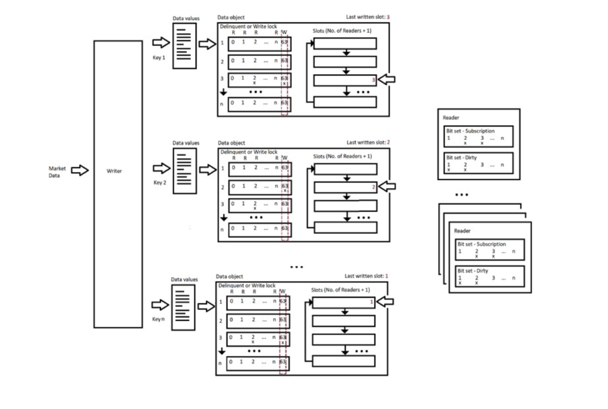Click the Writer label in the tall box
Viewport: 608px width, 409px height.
coord(114,171)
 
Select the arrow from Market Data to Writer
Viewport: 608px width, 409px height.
coord(80,170)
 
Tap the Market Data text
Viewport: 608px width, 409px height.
coord(57,172)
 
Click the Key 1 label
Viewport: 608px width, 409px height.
coord(159,58)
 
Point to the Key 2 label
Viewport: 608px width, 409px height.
coord(160,182)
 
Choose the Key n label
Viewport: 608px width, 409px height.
coord(158,319)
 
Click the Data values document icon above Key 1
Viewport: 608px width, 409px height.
coord(184,46)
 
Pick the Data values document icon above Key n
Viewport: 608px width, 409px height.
coord(183,307)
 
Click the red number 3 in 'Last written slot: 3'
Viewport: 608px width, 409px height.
coord(388,17)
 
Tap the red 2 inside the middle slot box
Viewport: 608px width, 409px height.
coord(374,187)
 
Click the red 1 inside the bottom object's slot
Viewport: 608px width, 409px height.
coord(372,302)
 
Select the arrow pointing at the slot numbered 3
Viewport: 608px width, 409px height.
coord(386,79)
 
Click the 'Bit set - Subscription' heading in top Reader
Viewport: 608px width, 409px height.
coord(471,131)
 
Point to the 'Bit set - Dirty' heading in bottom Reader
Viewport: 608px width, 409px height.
coord(472,271)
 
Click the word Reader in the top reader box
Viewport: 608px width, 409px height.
coord(451,118)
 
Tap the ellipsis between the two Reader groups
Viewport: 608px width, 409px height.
coord(461,195)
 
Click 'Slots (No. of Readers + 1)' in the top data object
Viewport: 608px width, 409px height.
coord(342,31)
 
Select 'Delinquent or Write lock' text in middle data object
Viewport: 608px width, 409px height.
coord(249,152)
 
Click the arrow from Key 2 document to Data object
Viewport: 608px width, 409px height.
coord(208,170)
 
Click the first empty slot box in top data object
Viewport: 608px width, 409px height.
coord(345,44)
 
